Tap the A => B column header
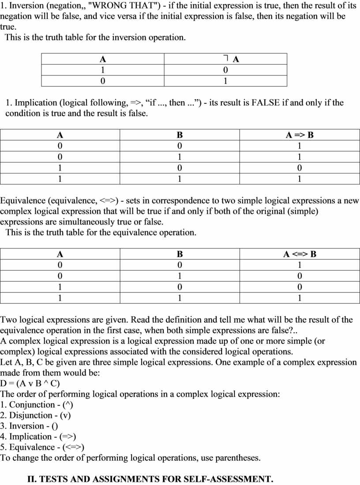(x=300, y=135)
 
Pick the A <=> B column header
(x=300, y=254)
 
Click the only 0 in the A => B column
(x=300, y=168)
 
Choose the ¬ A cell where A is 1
(x=225, y=70)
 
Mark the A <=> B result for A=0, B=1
(x=300, y=276)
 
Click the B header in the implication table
(x=180, y=135)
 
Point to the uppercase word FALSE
(x=266, y=103)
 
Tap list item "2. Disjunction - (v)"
(x=36, y=415)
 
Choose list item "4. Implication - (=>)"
(x=38, y=436)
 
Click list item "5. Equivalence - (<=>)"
(x=42, y=447)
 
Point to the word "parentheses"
(x=238, y=458)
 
